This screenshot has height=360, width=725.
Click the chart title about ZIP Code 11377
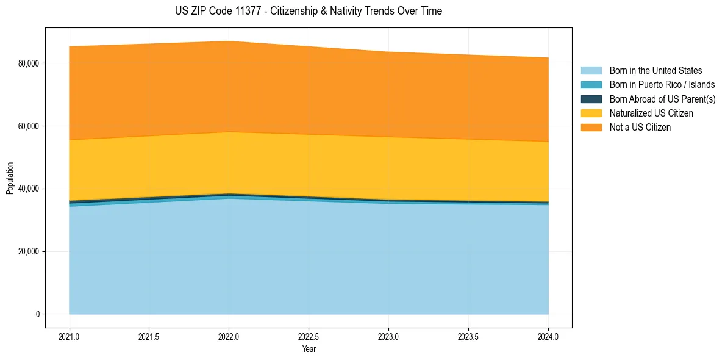tap(309, 11)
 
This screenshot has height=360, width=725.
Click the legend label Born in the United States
tap(655, 71)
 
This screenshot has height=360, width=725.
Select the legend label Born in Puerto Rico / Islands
tap(662, 85)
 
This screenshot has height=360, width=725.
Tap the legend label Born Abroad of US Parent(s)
tap(662, 99)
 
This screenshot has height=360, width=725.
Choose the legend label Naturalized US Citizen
tap(651, 113)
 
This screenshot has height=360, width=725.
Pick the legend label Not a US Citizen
tap(640, 128)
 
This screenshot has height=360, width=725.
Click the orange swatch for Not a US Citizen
tap(591, 128)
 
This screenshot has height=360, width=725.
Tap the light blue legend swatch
tap(591, 71)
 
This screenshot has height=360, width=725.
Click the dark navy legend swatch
tap(591, 99)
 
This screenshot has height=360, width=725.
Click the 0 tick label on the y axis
tap(37, 314)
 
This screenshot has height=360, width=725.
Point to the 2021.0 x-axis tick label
tap(70, 336)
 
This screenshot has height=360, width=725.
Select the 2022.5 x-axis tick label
tap(309, 336)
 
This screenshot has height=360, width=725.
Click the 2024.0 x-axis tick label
tap(548, 336)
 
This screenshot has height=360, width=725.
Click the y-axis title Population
tap(10, 178)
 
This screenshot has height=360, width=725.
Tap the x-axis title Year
tap(309, 350)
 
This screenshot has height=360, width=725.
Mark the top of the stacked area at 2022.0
tap(229, 41)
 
